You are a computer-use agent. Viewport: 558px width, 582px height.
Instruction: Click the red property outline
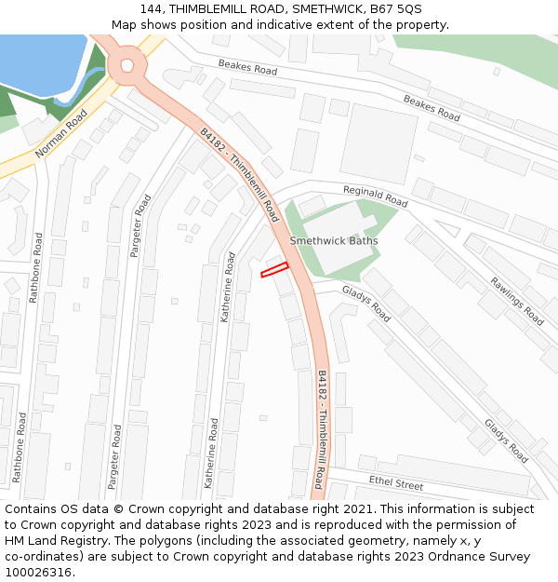(274, 270)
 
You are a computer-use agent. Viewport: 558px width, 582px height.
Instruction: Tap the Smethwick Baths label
(334, 240)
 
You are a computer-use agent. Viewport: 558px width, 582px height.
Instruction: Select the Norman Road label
(61, 133)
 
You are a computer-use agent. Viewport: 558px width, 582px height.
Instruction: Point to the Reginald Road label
(376, 196)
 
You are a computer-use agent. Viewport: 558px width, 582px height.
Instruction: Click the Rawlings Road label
(517, 303)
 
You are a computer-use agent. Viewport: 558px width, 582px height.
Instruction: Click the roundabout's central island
(126, 66)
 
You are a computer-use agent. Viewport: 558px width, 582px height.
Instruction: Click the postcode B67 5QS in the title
(394, 9)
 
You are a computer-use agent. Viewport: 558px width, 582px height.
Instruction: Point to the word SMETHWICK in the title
(325, 9)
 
